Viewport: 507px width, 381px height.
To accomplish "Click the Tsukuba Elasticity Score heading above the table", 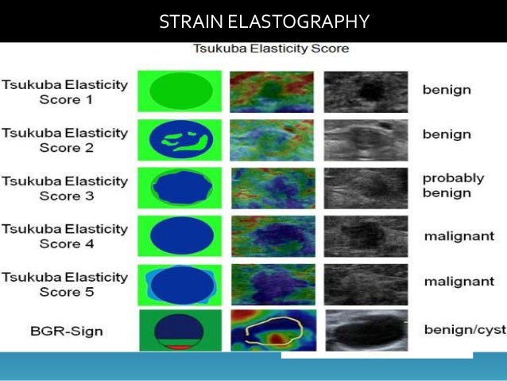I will click(x=271, y=49).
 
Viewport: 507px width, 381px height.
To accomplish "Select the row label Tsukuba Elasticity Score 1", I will click(x=64, y=91).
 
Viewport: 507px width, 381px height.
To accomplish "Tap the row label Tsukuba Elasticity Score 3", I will click(x=64, y=188).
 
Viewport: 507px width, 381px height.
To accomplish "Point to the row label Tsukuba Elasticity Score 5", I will click(x=64, y=284).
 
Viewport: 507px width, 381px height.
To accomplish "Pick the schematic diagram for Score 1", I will click(x=180, y=91).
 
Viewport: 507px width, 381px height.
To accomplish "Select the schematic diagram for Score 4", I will click(x=180, y=236).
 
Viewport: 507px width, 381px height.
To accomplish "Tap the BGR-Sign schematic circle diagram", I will click(x=180, y=329).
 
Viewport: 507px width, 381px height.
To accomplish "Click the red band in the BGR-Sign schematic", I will click(x=180, y=347).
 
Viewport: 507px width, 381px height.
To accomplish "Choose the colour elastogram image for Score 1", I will click(x=273, y=91).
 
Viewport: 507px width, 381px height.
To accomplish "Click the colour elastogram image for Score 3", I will click(x=273, y=188).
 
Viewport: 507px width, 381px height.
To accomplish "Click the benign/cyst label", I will click(x=459, y=329).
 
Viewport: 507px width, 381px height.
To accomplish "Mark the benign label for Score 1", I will click(x=447, y=90).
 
